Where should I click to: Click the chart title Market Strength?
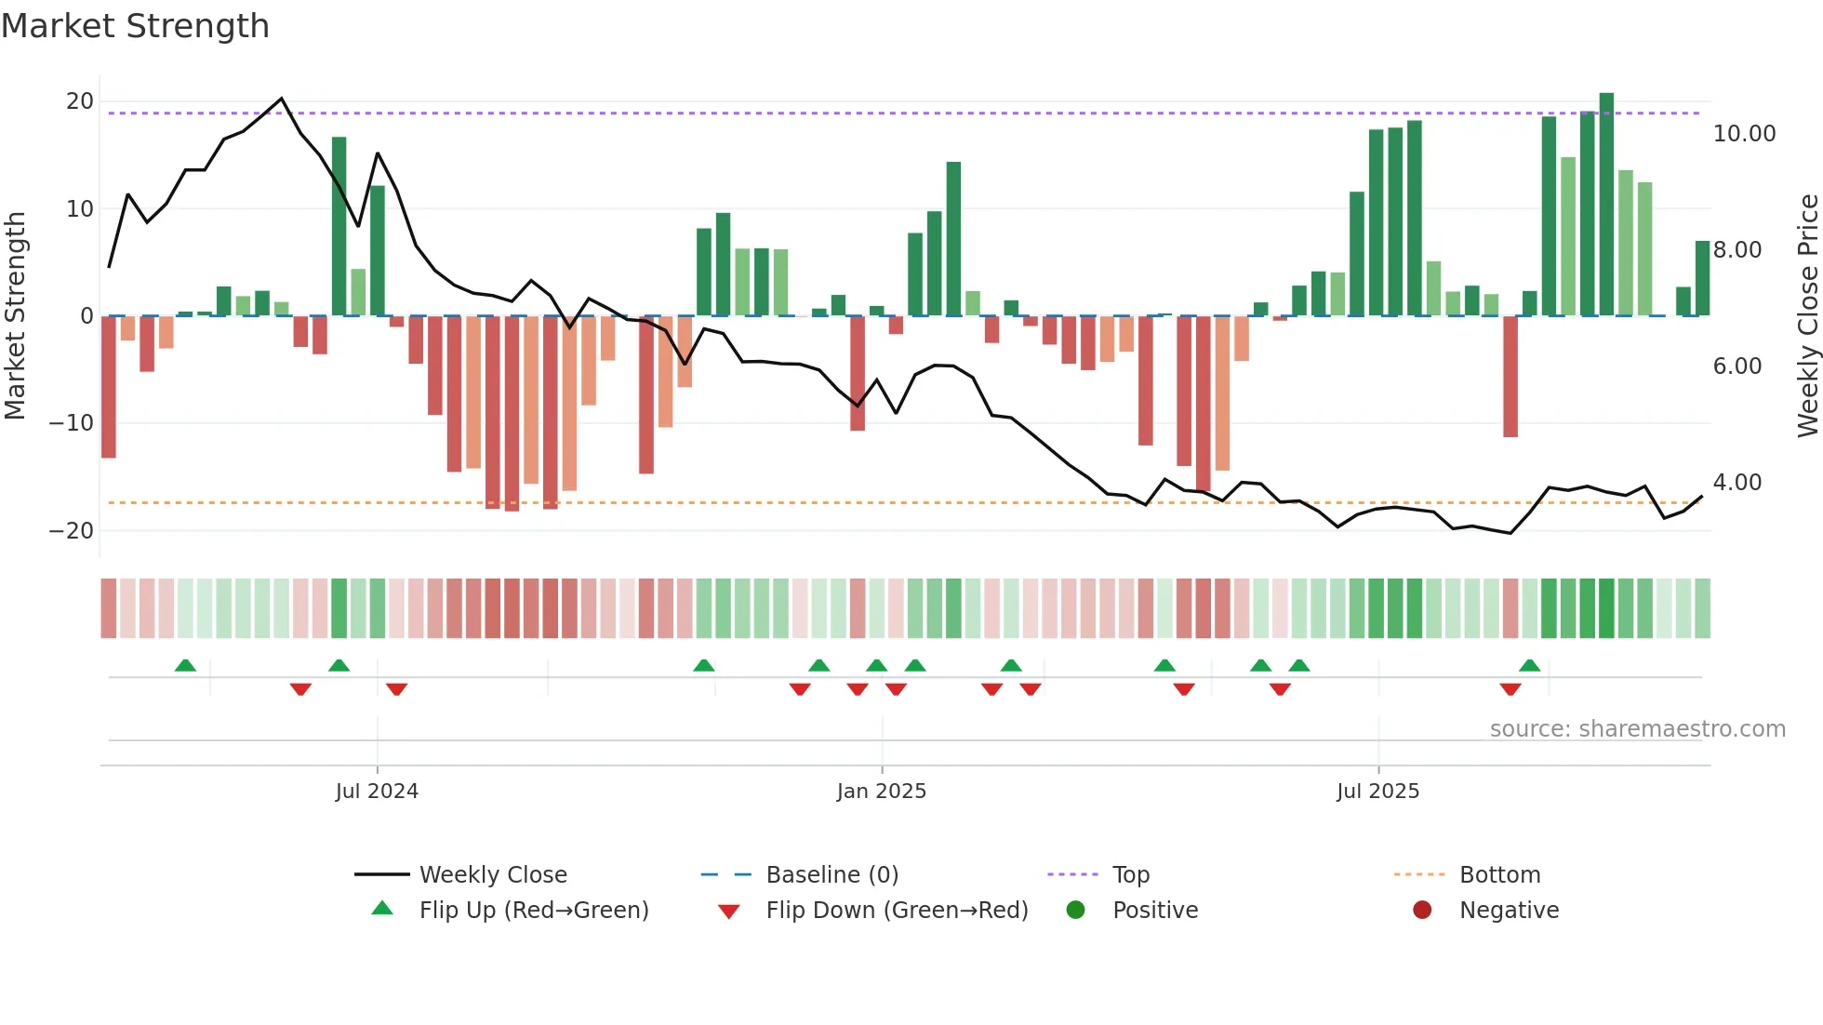135,26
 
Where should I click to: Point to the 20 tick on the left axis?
80,101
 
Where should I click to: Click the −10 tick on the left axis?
72,423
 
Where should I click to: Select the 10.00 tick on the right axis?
1744,134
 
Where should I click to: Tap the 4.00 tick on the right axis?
1737,483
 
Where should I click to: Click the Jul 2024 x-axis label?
377,792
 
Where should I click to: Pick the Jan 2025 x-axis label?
881,792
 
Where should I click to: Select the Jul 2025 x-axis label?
1377,792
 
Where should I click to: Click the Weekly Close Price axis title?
1807,316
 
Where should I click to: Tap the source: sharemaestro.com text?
1637,729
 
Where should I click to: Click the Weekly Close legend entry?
492,875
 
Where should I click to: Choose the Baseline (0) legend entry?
832,875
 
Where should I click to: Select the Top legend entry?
1130,875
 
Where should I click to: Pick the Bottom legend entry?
1499,875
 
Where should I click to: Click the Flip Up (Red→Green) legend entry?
533,911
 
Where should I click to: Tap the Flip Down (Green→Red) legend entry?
896,911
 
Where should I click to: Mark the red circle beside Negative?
1422,910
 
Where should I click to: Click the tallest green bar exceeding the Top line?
1606,205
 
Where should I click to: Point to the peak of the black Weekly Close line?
282,99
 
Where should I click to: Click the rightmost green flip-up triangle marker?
1529,665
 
